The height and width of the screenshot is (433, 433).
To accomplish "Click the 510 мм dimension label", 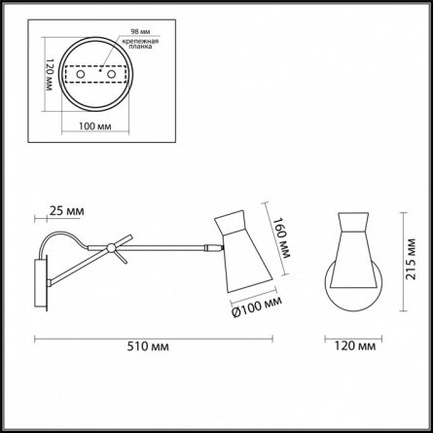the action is [148, 346].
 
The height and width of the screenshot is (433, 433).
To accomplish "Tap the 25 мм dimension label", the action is [66, 211].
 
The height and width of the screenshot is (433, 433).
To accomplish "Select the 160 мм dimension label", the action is [280, 237].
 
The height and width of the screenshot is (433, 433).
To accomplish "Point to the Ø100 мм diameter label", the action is [257, 307].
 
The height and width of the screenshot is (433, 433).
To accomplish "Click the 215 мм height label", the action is [411, 259].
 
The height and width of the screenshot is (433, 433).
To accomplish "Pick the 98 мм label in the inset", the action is [140, 31].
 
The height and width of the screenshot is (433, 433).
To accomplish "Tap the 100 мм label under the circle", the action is [95, 126].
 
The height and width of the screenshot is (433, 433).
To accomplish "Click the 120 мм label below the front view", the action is [355, 346].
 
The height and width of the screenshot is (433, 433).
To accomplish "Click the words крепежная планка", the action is [140, 44].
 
